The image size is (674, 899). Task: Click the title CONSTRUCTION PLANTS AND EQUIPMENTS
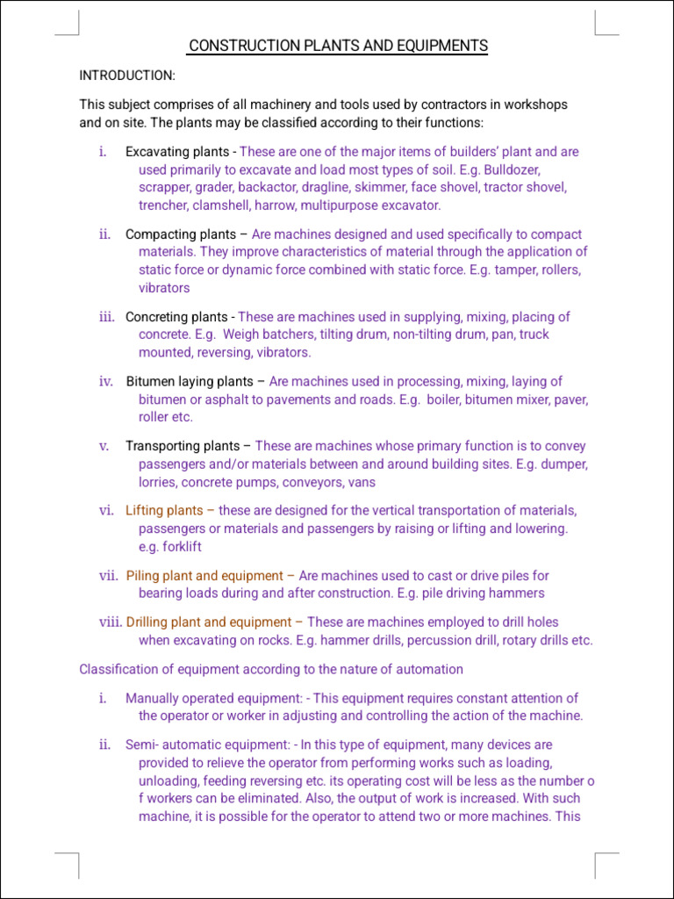point(338,46)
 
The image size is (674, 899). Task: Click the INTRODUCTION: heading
point(127,76)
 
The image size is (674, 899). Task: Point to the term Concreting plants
point(176,317)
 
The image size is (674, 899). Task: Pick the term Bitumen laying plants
point(190,382)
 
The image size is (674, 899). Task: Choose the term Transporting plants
point(183,446)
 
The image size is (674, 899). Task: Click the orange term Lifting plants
point(164,511)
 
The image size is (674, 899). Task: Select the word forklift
point(182,546)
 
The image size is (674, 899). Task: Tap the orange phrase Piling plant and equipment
point(204,576)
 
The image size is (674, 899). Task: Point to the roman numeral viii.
point(110,622)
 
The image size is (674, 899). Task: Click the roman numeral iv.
point(106,382)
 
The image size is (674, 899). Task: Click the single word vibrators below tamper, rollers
point(164,288)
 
